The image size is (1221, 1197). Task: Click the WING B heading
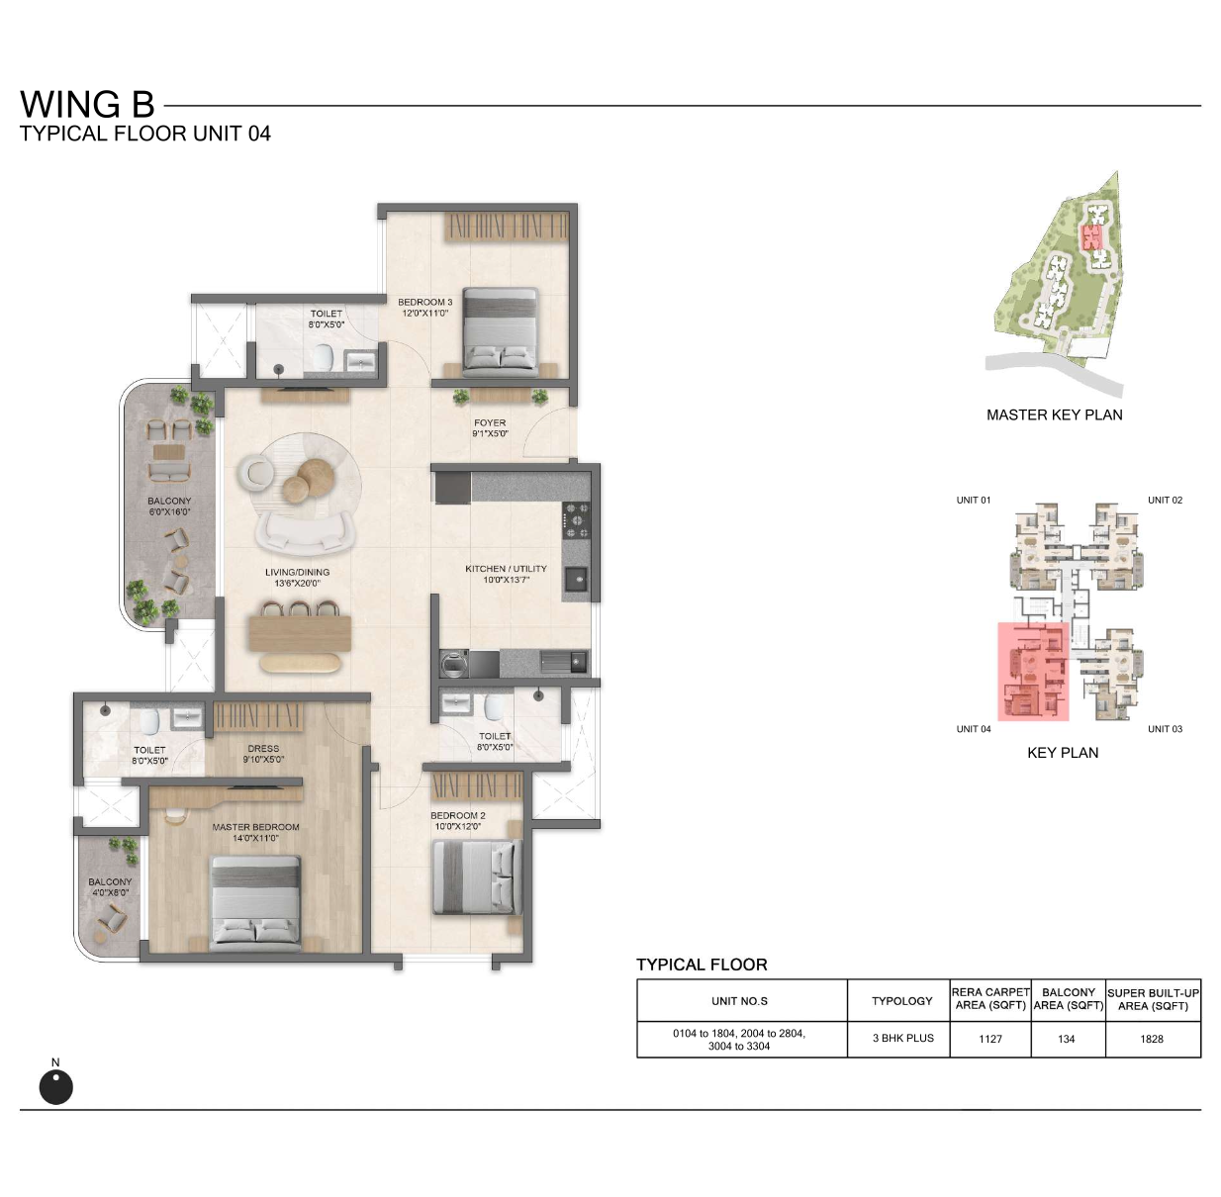(x=87, y=105)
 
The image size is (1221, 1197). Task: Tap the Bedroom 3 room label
(x=424, y=308)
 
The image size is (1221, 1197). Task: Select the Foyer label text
(x=490, y=427)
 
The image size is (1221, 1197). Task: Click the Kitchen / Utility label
(x=506, y=574)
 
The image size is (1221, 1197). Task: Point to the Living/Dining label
(x=297, y=578)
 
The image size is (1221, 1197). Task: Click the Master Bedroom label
(x=255, y=832)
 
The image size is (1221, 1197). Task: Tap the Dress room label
(x=263, y=754)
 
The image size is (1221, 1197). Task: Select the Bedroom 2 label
(x=457, y=821)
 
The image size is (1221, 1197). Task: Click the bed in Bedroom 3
(x=501, y=331)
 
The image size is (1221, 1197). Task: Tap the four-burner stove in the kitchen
(x=576, y=521)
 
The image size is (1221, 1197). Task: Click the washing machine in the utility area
(x=454, y=664)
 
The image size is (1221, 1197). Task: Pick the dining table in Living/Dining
(x=300, y=633)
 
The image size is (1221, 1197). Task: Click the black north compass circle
(x=55, y=1087)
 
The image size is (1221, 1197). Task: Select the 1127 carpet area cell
(x=989, y=1039)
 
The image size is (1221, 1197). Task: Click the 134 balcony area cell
(x=1067, y=1039)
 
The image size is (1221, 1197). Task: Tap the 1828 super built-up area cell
(x=1152, y=1039)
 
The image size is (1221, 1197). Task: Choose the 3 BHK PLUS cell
(x=903, y=1038)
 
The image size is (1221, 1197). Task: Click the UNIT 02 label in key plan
(x=1165, y=500)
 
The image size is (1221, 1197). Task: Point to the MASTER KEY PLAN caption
(x=1055, y=415)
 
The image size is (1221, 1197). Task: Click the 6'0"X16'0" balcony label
(x=169, y=512)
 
